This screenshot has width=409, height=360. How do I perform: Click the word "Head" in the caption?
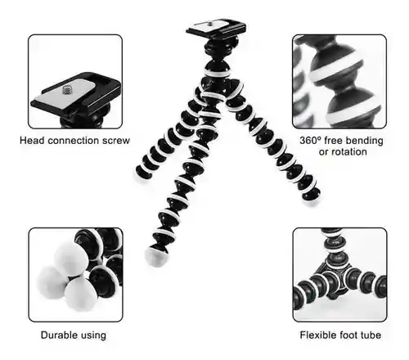(x=33, y=141)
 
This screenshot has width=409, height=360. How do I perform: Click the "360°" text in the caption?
(x=311, y=141)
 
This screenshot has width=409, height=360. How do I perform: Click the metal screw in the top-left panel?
(x=66, y=89)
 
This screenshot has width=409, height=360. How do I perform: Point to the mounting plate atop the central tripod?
(x=216, y=28)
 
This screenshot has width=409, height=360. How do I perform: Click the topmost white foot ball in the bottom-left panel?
(x=70, y=258)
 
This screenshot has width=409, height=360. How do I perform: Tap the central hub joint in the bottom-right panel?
(x=335, y=284)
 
